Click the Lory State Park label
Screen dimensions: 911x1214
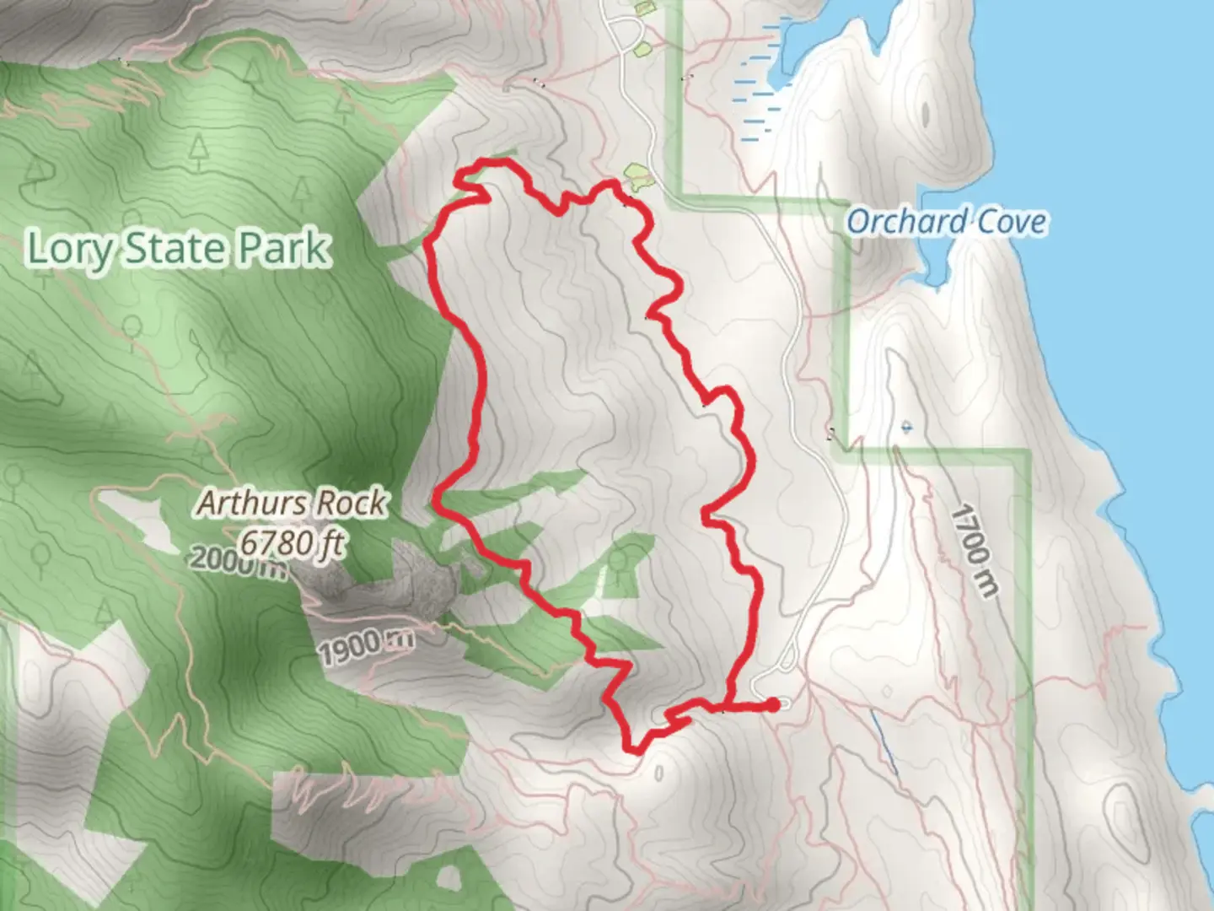177,248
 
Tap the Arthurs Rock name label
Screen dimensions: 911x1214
292,504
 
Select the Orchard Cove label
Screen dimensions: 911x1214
946,222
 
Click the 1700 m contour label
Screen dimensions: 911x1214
973,551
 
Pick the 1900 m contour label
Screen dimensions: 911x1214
366,646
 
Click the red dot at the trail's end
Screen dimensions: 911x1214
773,704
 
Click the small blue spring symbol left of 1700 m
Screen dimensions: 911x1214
905,427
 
